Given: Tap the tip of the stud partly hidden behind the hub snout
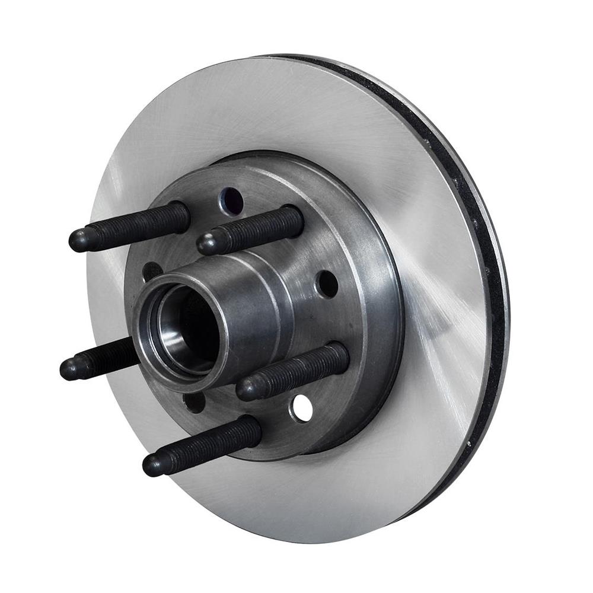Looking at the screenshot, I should [x=69, y=369].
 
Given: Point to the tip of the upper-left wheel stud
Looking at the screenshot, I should [x=78, y=240].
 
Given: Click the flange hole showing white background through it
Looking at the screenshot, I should [x=302, y=409].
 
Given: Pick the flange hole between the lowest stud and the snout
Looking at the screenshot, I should [x=195, y=402].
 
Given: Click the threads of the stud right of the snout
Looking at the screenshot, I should [x=308, y=368].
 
